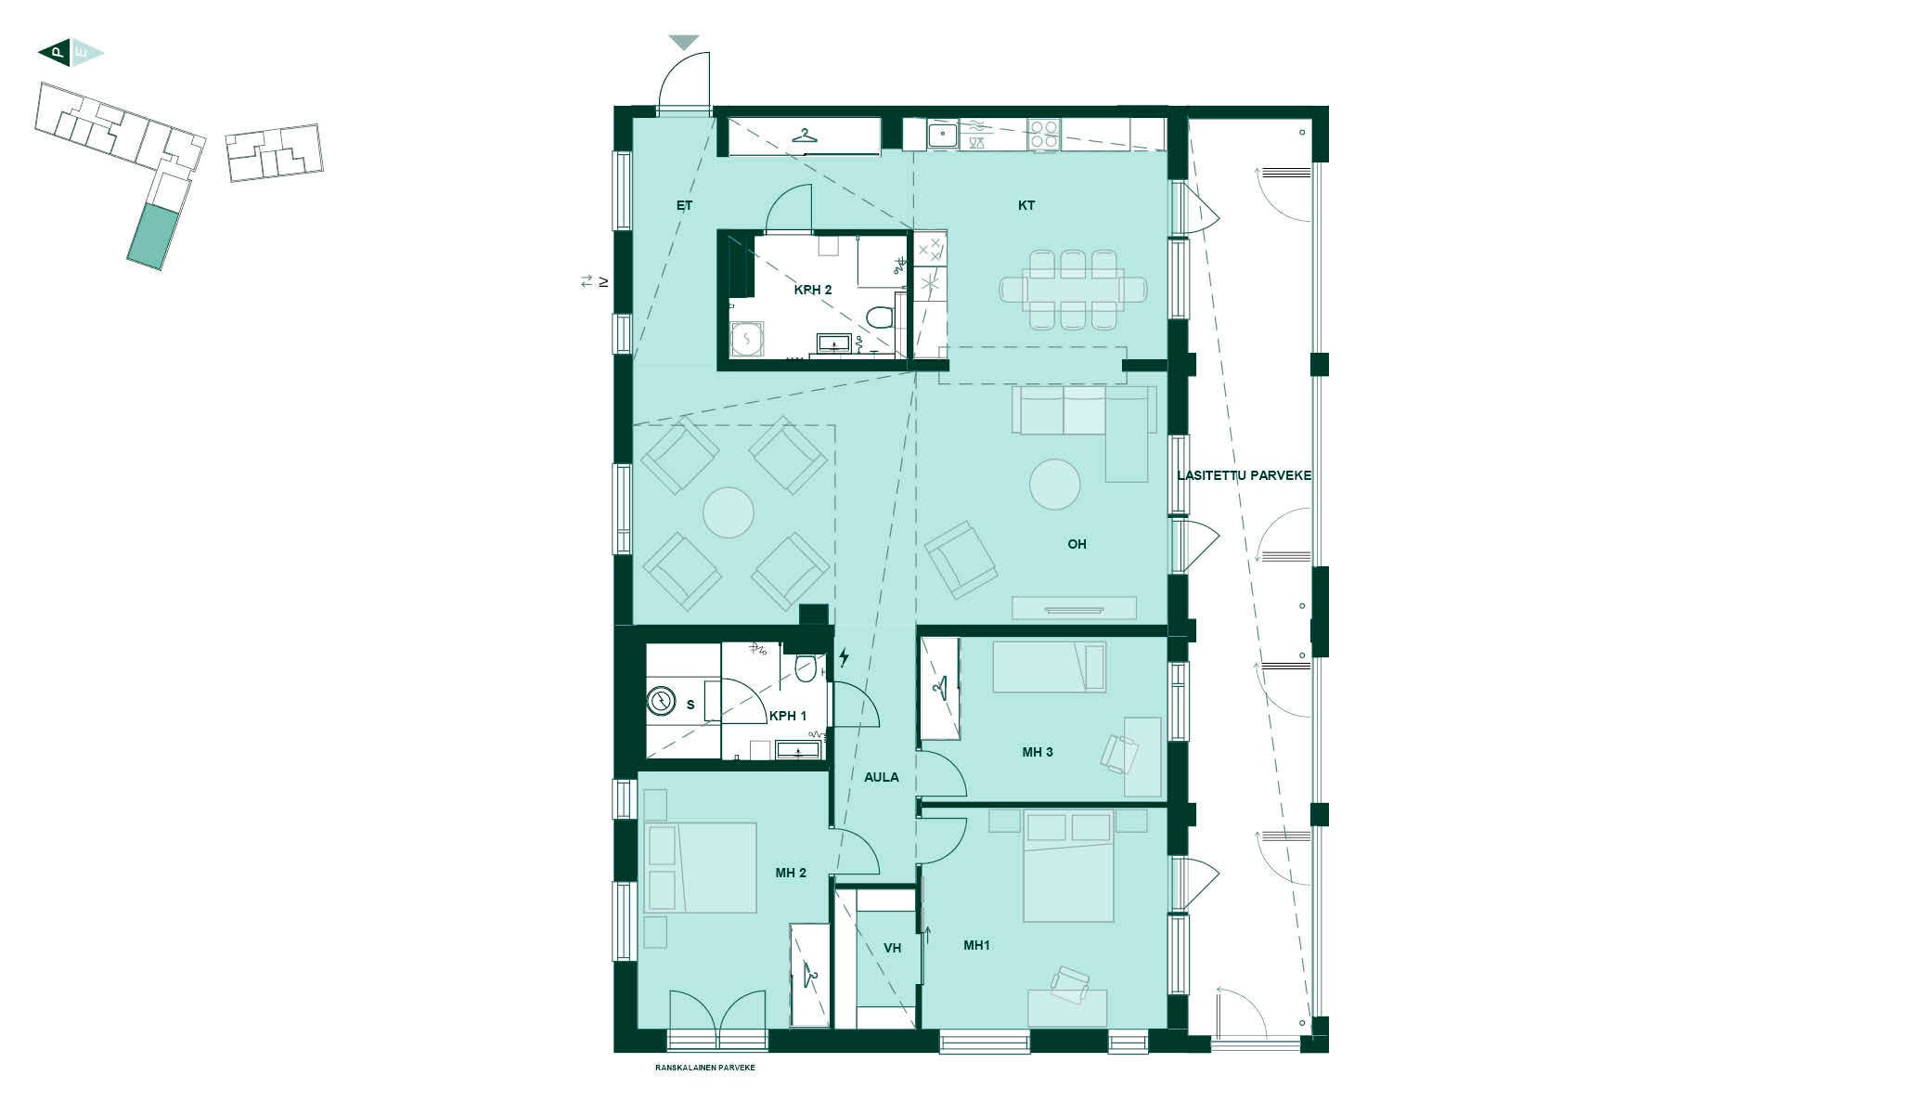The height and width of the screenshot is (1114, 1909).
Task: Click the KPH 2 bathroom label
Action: pyautogui.click(x=812, y=290)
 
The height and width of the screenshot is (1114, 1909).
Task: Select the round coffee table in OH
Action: pyautogui.click(x=1054, y=484)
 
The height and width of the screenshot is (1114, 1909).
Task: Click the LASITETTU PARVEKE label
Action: pyautogui.click(x=1244, y=475)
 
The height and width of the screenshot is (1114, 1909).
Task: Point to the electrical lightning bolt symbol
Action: pyautogui.click(x=844, y=658)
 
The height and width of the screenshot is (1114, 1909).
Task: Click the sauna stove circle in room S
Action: pyautogui.click(x=661, y=700)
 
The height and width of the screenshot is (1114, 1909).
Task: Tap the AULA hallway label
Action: pyautogui.click(x=881, y=777)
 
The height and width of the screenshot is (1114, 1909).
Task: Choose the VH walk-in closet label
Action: pyautogui.click(x=892, y=948)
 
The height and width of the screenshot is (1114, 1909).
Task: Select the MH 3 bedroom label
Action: pyautogui.click(x=1037, y=752)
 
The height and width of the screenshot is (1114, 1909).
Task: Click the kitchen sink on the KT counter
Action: pyautogui.click(x=943, y=136)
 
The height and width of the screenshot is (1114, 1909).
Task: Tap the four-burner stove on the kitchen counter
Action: pyautogui.click(x=1044, y=136)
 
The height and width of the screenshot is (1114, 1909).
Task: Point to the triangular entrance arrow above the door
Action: pyautogui.click(x=684, y=43)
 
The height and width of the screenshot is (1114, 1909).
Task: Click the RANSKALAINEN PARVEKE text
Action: pyautogui.click(x=704, y=1068)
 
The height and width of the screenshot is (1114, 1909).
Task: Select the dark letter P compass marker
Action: pyautogui.click(x=56, y=54)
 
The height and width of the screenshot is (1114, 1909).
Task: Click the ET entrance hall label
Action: pyautogui.click(x=684, y=205)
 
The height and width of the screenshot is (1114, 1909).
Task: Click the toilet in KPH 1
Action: pyautogui.click(x=805, y=667)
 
